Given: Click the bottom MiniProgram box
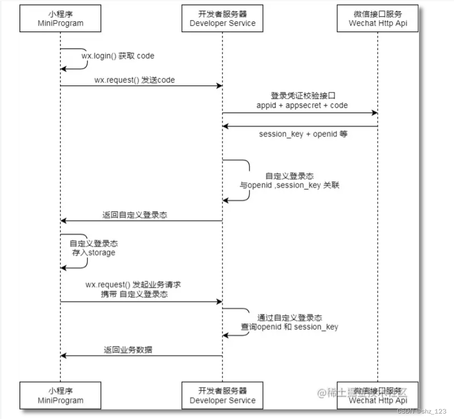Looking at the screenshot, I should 60,395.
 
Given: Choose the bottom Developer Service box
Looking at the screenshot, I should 222,395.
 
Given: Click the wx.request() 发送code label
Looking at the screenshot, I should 134,80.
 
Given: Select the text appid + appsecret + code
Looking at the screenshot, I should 301,105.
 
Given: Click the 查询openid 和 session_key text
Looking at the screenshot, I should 289,327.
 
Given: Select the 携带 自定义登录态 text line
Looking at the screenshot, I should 134,294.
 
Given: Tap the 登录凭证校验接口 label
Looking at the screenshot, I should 301,96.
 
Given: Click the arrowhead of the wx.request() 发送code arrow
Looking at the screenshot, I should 219,86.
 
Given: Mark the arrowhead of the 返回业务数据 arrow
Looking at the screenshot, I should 63,356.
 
